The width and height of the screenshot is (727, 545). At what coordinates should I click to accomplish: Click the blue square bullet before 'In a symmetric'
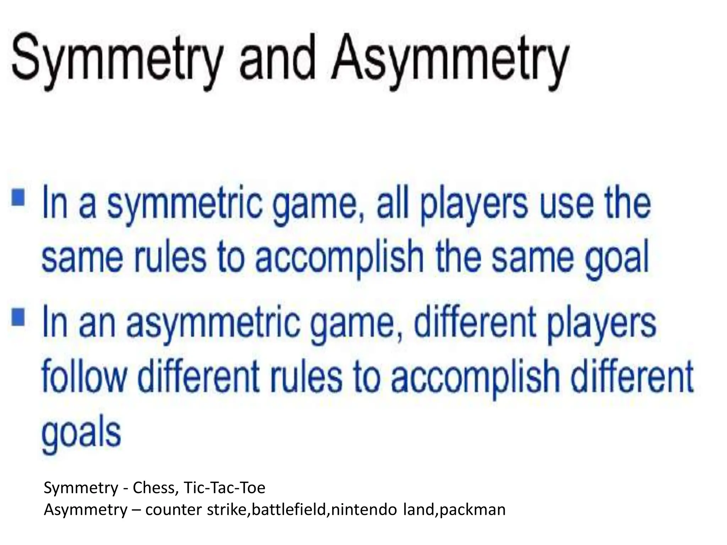tap(18, 197)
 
